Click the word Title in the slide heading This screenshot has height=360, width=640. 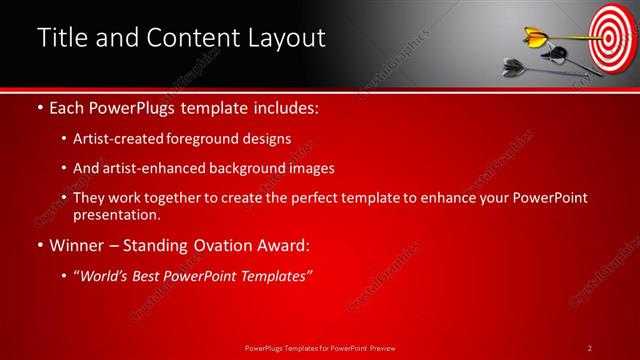[x=61, y=38]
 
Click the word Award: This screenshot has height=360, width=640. [x=283, y=244]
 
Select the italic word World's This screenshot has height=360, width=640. [x=103, y=276]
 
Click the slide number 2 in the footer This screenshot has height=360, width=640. [x=589, y=347]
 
